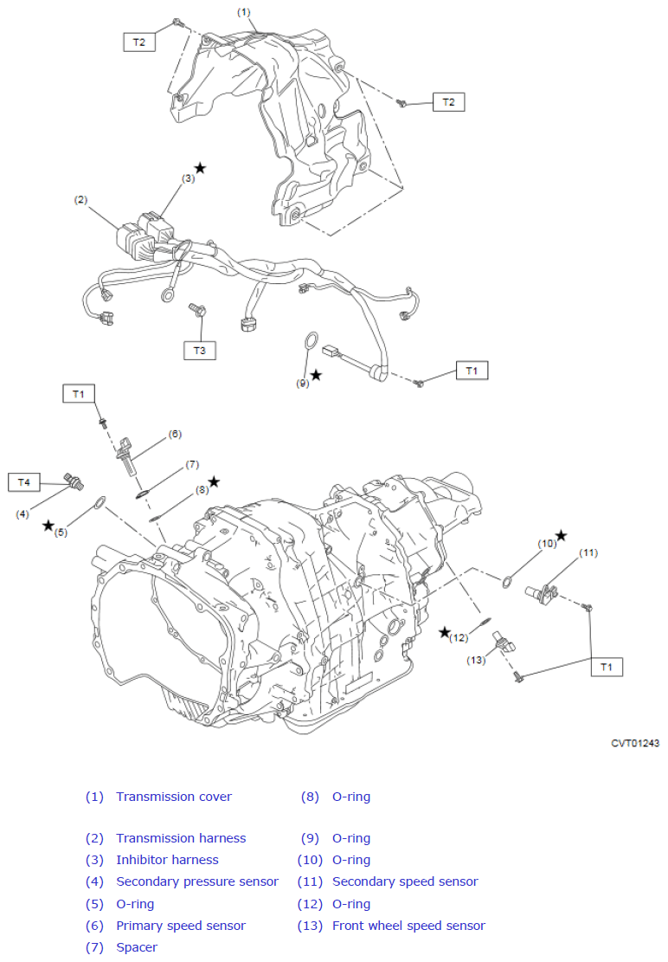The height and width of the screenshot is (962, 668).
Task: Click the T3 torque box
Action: pyautogui.click(x=200, y=351)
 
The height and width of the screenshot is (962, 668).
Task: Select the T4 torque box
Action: pyautogui.click(x=24, y=482)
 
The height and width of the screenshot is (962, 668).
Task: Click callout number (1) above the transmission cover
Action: pyautogui.click(x=243, y=12)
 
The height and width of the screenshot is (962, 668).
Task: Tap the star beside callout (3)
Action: pyautogui.click(x=201, y=168)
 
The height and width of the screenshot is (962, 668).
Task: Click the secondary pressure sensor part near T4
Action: pyautogui.click(x=74, y=482)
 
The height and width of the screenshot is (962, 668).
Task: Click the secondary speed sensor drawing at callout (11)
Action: pyautogui.click(x=541, y=594)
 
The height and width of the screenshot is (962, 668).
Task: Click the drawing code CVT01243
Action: pyautogui.click(x=635, y=743)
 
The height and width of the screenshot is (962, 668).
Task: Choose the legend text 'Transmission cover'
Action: pyautogui.click(x=174, y=797)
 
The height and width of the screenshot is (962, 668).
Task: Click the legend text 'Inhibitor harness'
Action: pyautogui.click(x=167, y=860)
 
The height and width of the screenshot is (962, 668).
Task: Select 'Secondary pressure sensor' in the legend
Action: pyautogui.click(x=197, y=881)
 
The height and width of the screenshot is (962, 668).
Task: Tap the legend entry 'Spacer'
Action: pyautogui.click(x=137, y=947)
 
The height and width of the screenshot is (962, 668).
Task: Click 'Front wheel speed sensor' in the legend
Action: pyautogui.click(x=408, y=925)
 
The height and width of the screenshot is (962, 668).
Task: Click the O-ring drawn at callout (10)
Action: pyautogui.click(x=507, y=582)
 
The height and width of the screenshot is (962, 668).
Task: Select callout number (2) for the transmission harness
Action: pyautogui.click(x=80, y=200)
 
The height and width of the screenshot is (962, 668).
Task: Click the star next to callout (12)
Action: pyautogui.click(x=445, y=633)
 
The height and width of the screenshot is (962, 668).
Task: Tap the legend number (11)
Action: pyautogui.click(x=310, y=881)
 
